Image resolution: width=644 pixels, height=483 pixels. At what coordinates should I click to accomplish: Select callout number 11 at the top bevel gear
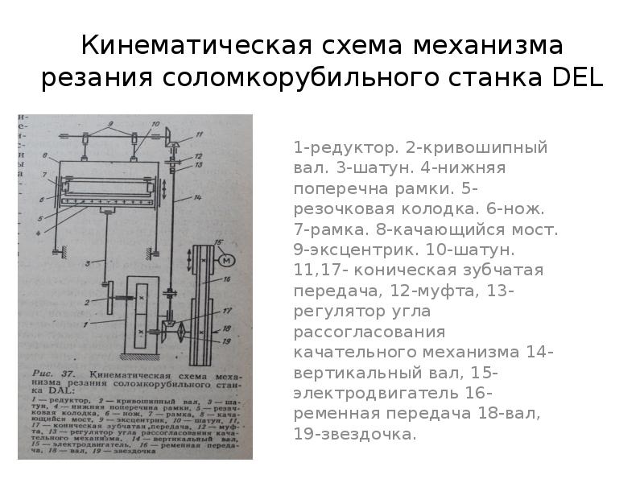point(198,136)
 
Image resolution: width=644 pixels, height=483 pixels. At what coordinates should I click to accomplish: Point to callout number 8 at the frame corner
point(46,155)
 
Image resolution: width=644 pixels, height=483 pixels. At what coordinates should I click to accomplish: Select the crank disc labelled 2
point(108,296)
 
